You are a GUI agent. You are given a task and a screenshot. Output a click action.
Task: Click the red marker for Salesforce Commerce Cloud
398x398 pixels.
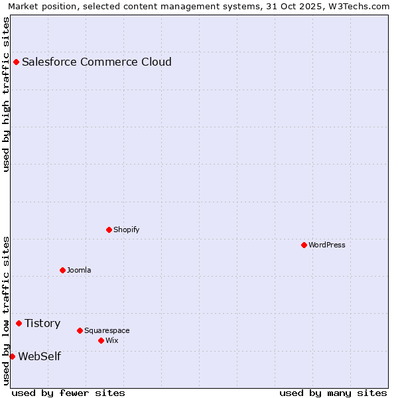tap(16, 62)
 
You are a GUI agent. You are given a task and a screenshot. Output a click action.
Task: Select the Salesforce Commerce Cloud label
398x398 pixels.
tap(97, 62)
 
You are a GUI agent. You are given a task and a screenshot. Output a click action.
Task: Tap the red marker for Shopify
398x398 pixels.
tap(109, 230)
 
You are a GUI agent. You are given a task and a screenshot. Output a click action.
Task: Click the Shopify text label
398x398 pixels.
tap(127, 230)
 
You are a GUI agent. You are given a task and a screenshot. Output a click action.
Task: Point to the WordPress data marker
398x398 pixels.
tap(304, 245)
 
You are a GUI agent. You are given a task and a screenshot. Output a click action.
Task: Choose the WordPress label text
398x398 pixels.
tap(327, 245)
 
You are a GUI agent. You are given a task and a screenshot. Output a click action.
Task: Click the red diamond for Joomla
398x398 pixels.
tap(62, 271)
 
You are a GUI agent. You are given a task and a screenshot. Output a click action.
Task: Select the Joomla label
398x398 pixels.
tap(79, 271)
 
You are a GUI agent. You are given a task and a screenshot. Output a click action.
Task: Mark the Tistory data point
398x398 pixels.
tap(19, 324)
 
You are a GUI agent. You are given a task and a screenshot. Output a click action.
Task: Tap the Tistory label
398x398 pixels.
tap(42, 324)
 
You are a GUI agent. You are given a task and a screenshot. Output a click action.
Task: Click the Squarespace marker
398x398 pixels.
tap(80, 331)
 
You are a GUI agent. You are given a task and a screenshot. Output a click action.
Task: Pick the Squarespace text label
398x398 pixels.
tap(107, 331)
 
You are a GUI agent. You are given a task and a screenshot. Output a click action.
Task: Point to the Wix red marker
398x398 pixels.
tap(101, 341)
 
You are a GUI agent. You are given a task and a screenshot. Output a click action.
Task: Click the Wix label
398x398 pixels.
tap(111, 341)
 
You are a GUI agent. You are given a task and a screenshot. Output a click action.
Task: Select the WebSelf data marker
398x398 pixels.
tap(12, 357)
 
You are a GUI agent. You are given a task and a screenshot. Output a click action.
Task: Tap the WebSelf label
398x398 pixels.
tap(39, 357)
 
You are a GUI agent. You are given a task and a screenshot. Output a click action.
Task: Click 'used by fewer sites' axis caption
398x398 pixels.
tap(68, 393)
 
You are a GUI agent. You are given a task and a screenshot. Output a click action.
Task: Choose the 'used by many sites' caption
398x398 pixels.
tap(332, 393)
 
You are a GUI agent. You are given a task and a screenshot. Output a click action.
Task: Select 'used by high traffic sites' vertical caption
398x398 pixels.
tap(6, 94)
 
